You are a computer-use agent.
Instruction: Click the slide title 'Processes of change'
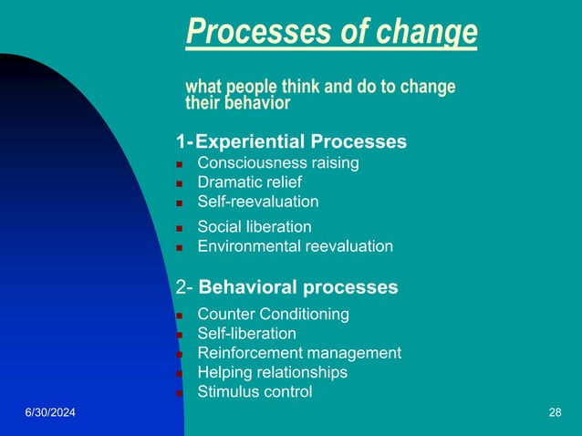(331, 32)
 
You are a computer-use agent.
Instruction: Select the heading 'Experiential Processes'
(300, 142)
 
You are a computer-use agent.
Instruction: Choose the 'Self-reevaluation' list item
(258, 202)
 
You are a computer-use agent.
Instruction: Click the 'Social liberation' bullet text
(255, 226)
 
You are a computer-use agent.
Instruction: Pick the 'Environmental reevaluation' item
(296, 246)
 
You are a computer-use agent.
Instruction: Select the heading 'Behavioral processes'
(297, 287)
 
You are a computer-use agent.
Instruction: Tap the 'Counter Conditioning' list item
(273, 314)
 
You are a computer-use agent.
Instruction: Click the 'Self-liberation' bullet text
(246, 334)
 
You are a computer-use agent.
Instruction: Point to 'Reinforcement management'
(299, 353)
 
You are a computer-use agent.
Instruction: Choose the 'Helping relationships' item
(272, 372)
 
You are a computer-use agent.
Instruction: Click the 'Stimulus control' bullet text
(255, 392)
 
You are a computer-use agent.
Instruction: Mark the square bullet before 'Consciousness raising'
(180, 165)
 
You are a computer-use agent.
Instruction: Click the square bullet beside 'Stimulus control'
(180, 394)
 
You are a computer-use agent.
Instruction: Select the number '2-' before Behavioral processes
(183, 287)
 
